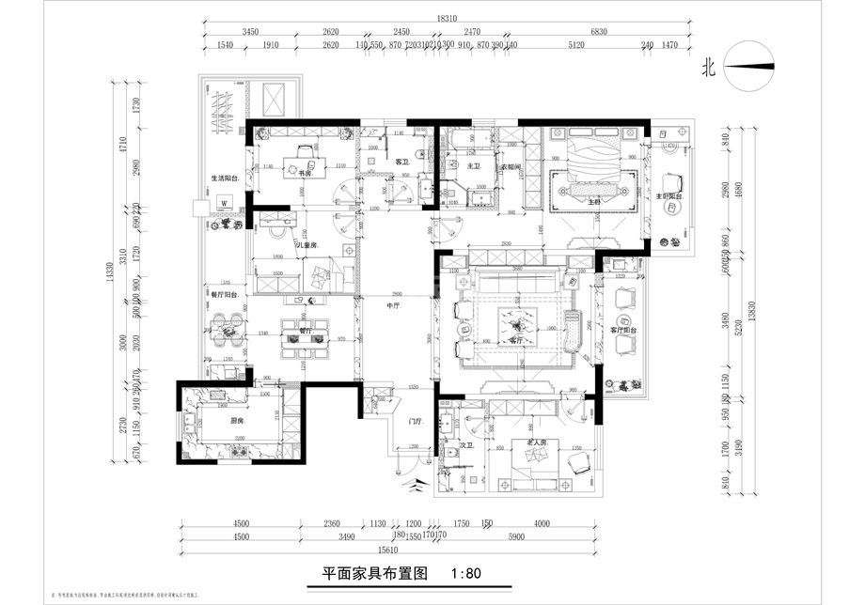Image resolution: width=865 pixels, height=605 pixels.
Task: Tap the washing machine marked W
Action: coord(224,202)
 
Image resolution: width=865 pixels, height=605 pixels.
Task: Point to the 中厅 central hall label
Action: coord(395,304)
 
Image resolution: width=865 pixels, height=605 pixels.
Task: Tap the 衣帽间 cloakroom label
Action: coord(510,167)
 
